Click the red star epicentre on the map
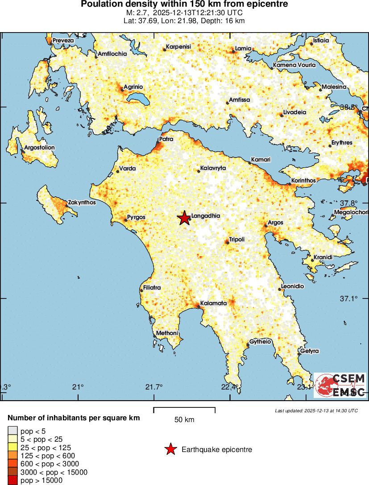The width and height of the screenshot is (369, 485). (x=184, y=218)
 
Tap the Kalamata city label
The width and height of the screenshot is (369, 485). (x=214, y=303)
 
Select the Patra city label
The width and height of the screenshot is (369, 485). (x=166, y=139)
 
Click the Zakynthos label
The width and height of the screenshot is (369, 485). (x=82, y=203)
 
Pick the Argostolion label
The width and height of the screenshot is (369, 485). (x=39, y=147)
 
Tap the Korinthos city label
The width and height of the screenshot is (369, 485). (x=303, y=181)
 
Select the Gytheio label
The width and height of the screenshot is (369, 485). (x=261, y=342)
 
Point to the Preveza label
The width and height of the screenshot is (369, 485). (x=63, y=41)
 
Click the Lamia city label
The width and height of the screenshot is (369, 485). (x=243, y=48)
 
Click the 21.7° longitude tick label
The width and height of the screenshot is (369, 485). (x=154, y=386)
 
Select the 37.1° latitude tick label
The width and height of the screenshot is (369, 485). (x=349, y=298)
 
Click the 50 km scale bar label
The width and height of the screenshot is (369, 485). (x=184, y=419)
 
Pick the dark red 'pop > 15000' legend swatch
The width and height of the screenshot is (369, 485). (x=12, y=481)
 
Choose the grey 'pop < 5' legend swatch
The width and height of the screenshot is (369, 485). (x=12, y=431)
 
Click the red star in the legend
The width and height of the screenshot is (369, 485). (x=170, y=449)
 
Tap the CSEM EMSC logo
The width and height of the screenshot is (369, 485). (x=340, y=386)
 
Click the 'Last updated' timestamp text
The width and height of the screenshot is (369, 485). (x=316, y=410)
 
